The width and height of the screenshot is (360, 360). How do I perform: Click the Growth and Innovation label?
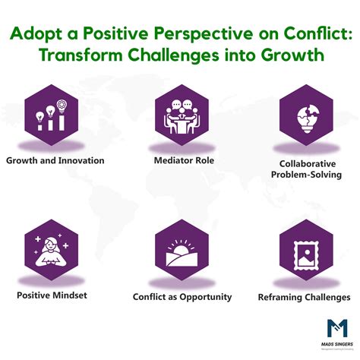tap(55, 160)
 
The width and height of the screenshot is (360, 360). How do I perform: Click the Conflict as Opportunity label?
tap(182, 297)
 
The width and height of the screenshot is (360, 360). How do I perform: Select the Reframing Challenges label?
tap(305, 297)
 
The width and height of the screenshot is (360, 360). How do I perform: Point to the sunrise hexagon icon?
tap(181, 250)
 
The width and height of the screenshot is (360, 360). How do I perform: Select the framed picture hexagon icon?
tap(305, 250)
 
